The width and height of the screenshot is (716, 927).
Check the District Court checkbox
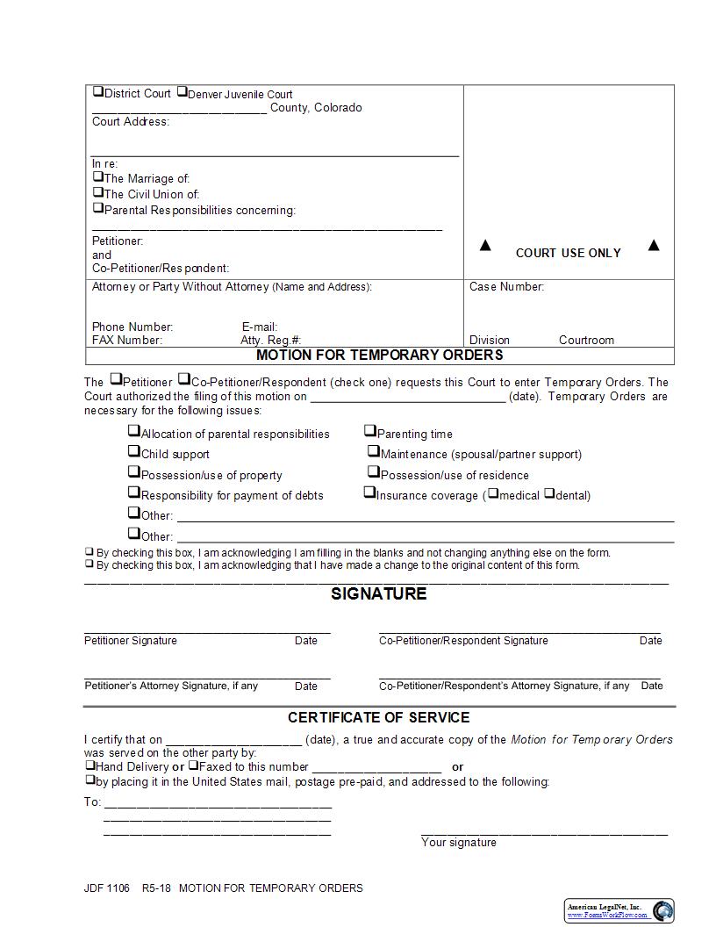pyautogui.click(x=98, y=92)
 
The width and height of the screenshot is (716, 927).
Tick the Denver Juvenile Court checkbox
pyautogui.click(x=182, y=92)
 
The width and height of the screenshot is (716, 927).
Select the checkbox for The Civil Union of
pyautogui.click(x=98, y=192)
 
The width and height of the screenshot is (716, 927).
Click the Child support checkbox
pyautogui.click(x=134, y=452)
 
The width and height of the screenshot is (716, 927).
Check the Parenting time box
pyautogui.click(x=370, y=431)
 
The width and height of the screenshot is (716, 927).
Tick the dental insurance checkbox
pyautogui.click(x=549, y=493)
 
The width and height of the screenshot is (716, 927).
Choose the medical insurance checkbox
pyautogui.click(x=493, y=493)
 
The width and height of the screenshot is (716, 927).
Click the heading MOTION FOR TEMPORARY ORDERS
pyautogui.click(x=379, y=356)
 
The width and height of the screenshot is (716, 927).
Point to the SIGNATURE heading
pyautogui.click(x=379, y=594)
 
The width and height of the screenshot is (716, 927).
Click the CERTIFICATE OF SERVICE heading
pyautogui.click(x=379, y=717)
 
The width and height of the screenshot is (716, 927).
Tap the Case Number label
pyautogui.click(x=506, y=287)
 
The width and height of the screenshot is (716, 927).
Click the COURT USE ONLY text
pyautogui.click(x=568, y=253)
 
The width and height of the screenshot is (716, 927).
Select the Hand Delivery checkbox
pyautogui.click(x=89, y=765)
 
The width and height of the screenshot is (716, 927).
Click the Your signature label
pyautogui.click(x=458, y=843)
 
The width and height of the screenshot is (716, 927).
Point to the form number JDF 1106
pyautogui.click(x=106, y=888)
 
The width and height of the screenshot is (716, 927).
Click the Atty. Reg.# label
pyautogui.click(x=270, y=340)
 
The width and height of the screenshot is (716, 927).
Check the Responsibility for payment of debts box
pyautogui.click(x=134, y=493)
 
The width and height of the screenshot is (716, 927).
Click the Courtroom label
pyautogui.click(x=586, y=340)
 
